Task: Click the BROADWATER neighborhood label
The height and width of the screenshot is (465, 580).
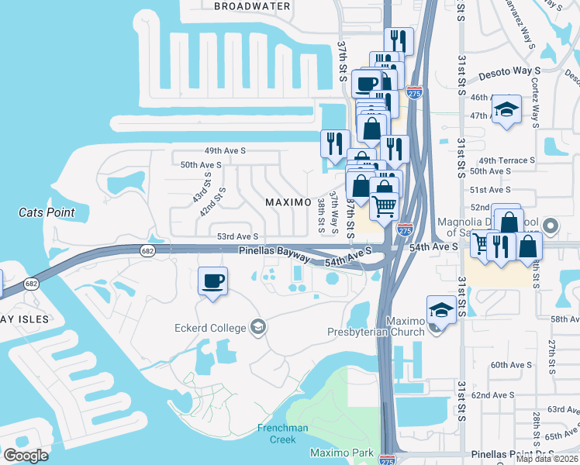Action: pos(252,6)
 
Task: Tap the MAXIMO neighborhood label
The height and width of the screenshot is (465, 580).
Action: pos(288,201)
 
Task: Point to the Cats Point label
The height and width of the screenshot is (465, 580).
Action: pos(47,212)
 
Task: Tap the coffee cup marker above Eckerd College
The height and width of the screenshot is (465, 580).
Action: pos(213,281)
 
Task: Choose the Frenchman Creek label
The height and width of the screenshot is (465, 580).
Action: pos(277,434)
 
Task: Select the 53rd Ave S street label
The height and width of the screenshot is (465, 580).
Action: pos(236,236)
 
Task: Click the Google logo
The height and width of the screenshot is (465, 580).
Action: pos(26,456)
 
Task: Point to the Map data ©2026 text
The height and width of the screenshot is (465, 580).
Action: pos(547,459)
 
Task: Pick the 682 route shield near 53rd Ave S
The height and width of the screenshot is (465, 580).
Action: pos(147,250)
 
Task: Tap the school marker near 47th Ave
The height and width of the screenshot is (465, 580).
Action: pos(507,109)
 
